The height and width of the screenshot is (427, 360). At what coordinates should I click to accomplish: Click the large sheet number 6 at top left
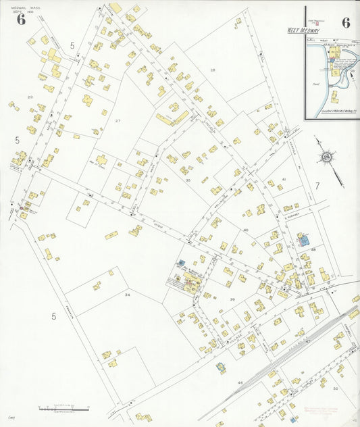click(x=22, y=18)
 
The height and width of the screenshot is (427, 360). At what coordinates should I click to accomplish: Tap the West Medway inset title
click(x=302, y=30)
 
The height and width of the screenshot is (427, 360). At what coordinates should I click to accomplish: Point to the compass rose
click(x=327, y=157)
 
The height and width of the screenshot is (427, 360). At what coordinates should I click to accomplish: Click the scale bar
click(x=64, y=409)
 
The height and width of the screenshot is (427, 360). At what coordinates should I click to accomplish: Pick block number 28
click(x=212, y=70)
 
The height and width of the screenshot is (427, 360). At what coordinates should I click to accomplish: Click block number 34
click(x=126, y=295)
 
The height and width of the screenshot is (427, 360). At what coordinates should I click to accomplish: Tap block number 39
click(x=232, y=299)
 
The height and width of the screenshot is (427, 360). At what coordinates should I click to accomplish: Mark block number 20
click(x=30, y=97)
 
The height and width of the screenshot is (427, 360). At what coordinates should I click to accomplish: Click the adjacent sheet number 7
click(x=315, y=186)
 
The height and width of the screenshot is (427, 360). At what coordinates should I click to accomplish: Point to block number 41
click(x=284, y=179)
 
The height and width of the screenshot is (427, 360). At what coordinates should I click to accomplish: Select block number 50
click(x=335, y=388)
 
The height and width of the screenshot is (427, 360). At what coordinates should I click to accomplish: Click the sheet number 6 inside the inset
click(x=346, y=22)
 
